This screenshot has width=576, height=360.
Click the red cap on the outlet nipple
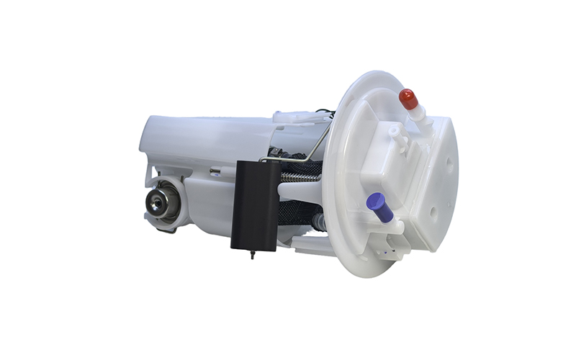tap(408, 99)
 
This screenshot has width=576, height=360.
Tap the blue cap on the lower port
tap(379, 207)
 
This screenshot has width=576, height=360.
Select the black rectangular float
tap(255, 204)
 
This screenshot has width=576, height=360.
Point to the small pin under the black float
tap(252, 253)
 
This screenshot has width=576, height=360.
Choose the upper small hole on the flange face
tap(450, 160)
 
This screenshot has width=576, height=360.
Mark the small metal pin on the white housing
tap(215, 171)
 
